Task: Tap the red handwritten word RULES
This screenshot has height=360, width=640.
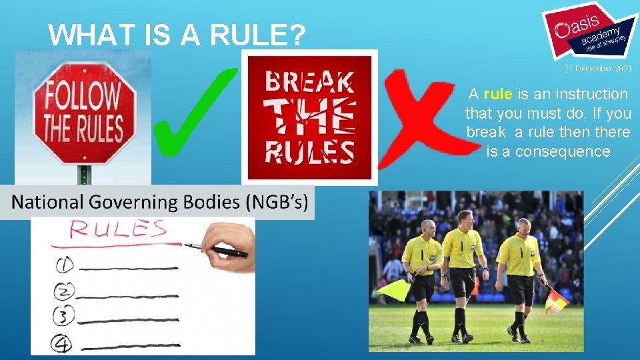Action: pyautogui.click(x=118, y=230)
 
